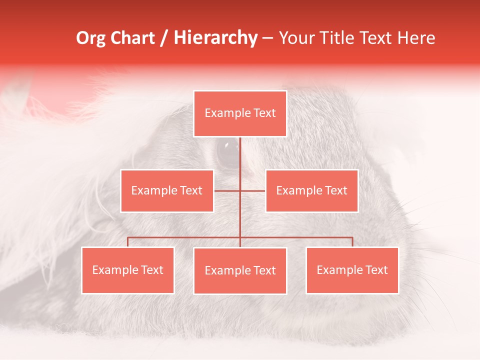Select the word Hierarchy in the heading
[215, 38]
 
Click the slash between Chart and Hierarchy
[164, 38]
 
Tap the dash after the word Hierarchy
[267, 38]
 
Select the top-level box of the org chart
[240, 113]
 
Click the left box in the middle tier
[167, 191]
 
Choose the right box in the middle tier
[311, 191]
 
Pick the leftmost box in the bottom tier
[128, 270]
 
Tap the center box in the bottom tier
[240, 271]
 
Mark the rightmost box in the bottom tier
[352, 270]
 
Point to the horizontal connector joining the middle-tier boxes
[228, 190]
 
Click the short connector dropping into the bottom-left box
[128, 242]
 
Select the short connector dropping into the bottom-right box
[352, 242]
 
